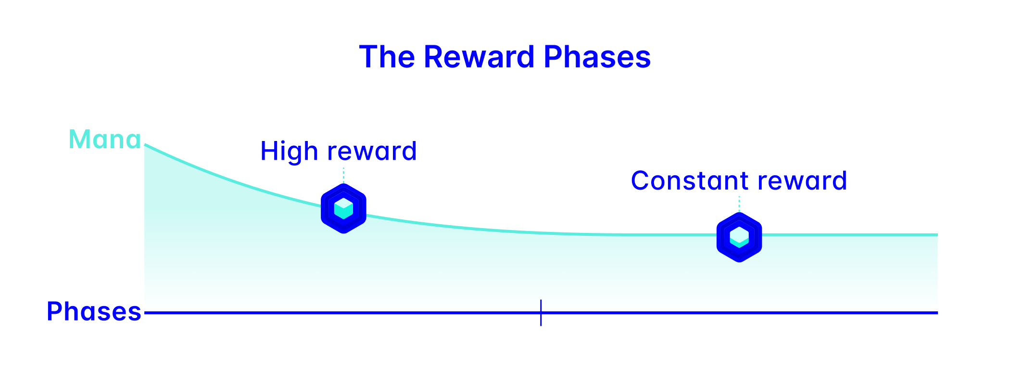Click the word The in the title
coord(387,57)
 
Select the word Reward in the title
coord(479,57)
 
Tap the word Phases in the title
coord(597,57)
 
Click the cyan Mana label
coord(105,139)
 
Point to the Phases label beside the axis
coord(94,311)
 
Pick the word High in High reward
coord(289,152)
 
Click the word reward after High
coord(371,152)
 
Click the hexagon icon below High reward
coord(343,208)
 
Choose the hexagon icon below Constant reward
coord(739,237)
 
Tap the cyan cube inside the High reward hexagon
coord(343,209)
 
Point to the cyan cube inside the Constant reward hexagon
coord(739,237)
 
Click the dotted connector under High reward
coord(343,176)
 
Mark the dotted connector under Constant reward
coord(739,204)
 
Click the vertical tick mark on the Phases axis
coord(541,312)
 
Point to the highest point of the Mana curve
coord(145,144)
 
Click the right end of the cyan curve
coord(937,235)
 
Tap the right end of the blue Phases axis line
coord(937,313)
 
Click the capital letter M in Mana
coord(79,139)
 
